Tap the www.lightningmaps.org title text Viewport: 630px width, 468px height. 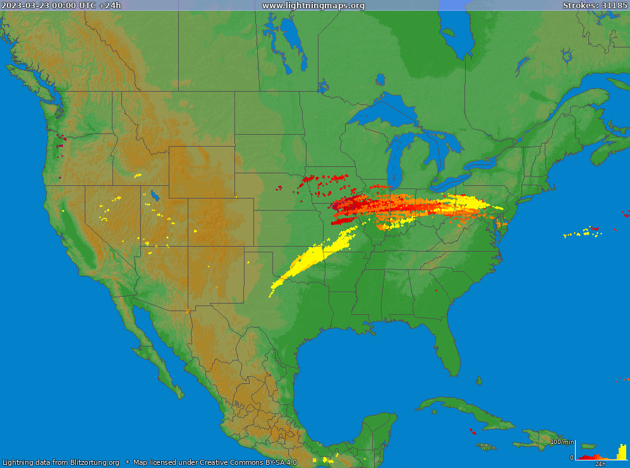pyautogui.click(x=313, y=6)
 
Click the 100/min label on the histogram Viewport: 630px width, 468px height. pyautogui.click(x=562, y=441)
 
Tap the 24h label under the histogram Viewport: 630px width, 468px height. pyautogui.click(x=600, y=464)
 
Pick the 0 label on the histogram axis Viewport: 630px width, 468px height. pyautogui.click(x=571, y=457)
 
